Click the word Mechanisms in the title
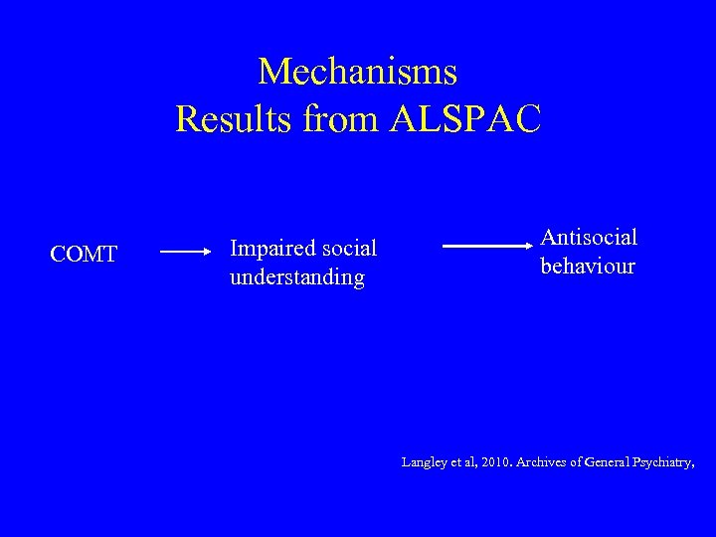(x=358, y=72)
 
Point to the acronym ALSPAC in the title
(x=466, y=119)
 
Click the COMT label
(x=84, y=256)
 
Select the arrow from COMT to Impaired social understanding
(x=185, y=254)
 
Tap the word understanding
(x=296, y=277)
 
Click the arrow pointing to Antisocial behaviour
(x=487, y=246)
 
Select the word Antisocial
(x=589, y=238)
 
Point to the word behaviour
(x=587, y=267)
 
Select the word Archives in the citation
(x=546, y=461)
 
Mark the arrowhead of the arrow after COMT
(x=207, y=254)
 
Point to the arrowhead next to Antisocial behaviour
(x=530, y=246)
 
